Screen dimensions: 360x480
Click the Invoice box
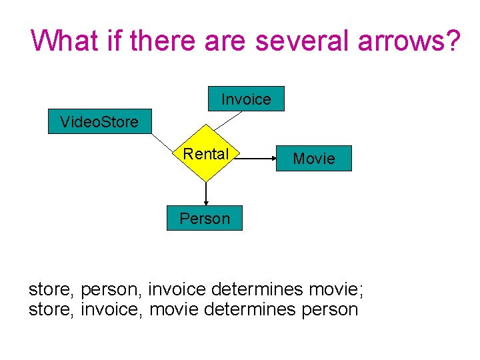pyautogui.click(x=246, y=99)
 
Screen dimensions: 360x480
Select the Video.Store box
pyautogui.click(x=99, y=121)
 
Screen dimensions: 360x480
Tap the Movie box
pyautogui.click(x=313, y=159)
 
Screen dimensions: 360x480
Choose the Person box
pyautogui.click(x=205, y=218)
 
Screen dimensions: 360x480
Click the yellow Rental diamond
pyautogui.click(x=206, y=154)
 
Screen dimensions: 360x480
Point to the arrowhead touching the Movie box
pyautogui.click(x=272, y=159)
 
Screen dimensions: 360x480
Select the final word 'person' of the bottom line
pyautogui.click(x=329, y=309)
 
